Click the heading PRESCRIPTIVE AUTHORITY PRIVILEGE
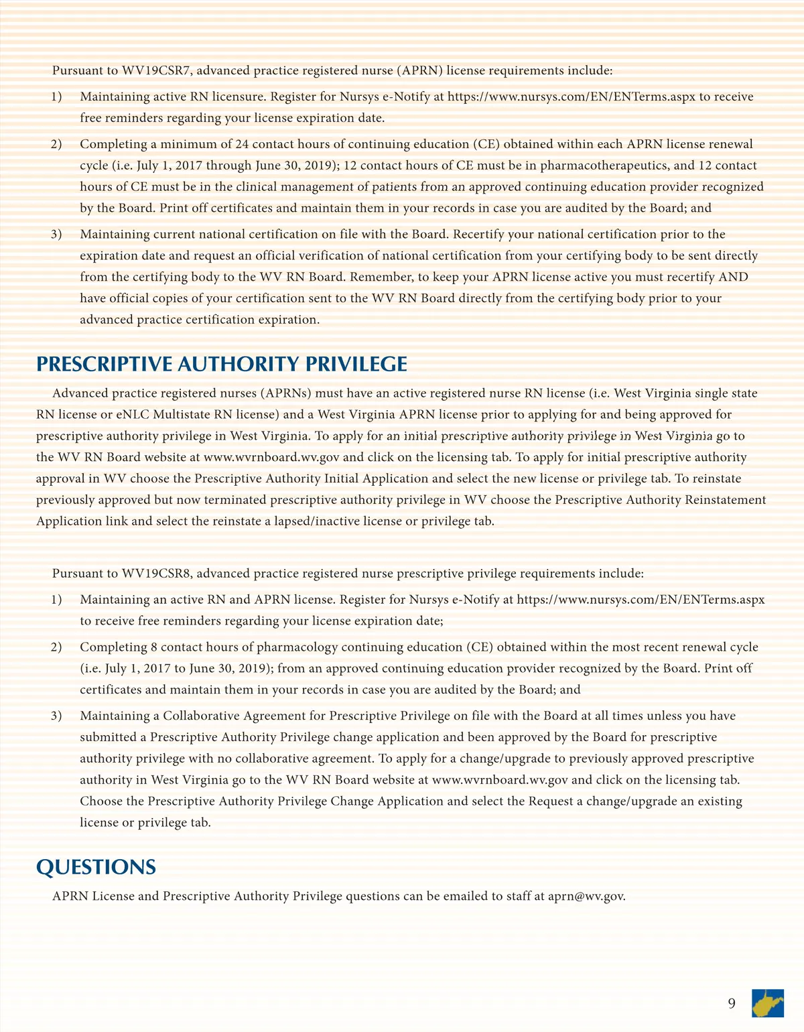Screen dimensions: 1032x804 coord(222,364)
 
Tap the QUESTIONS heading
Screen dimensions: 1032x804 coord(96,867)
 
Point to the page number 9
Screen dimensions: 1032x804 coord(732,1003)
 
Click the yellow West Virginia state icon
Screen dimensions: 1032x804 coord(768,1003)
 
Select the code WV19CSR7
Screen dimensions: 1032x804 coord(157,70)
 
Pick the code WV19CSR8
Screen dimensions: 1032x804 coord(157,574)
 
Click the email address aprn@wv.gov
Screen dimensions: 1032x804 coord(586,897)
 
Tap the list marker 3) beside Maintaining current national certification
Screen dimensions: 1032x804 coord(56,235)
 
